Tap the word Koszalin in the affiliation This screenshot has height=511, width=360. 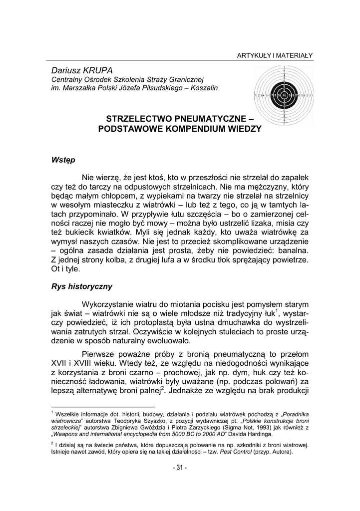pos(204,88)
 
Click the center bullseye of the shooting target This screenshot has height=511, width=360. pos(284,95)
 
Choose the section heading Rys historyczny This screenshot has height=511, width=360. pos(81,287)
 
